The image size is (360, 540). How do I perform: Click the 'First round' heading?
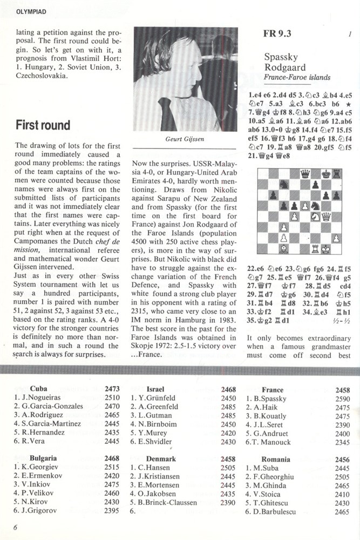click(x=43, y=125)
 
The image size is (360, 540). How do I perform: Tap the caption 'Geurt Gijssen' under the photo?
click(x=185, y=139)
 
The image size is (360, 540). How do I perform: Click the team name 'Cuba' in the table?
click(x=39, y=389)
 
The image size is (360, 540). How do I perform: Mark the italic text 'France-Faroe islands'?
click(x=297, y=78)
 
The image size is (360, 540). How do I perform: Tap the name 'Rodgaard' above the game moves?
click(x=284, y=67)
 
